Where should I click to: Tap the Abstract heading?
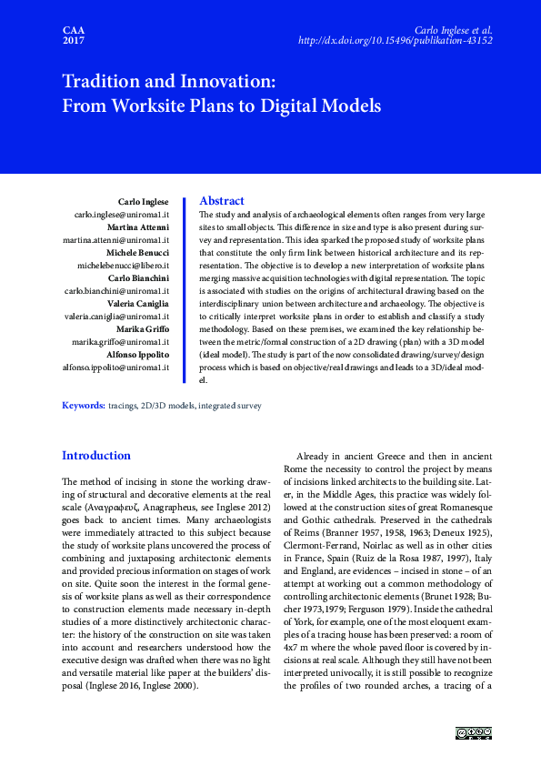point(221,200)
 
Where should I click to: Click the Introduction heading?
point(96,455)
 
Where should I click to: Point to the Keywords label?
point(83,404)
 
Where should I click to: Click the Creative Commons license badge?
point(473,734)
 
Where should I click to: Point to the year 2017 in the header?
point(73,41)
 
